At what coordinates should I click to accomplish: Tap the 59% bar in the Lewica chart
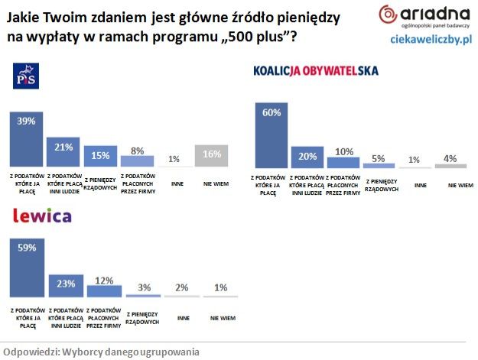pos(28,268)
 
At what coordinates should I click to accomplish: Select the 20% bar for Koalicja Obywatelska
pos(307,157)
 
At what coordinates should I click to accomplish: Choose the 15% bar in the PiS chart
pos(100,156)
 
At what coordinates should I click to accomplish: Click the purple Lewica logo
pos(43,216)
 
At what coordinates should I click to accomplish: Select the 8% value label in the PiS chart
pos(138,151)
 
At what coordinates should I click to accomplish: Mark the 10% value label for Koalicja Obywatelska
pos(343,151)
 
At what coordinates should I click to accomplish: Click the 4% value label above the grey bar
pos(451,158)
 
